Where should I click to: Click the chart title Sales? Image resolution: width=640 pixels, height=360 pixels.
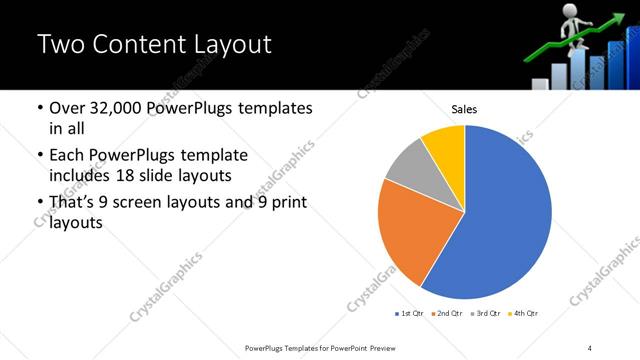pos(464,108)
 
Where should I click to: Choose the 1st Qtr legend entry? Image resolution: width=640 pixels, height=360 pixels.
pos(409,314)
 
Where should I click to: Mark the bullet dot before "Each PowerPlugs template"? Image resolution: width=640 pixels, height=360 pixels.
pos(39,156)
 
